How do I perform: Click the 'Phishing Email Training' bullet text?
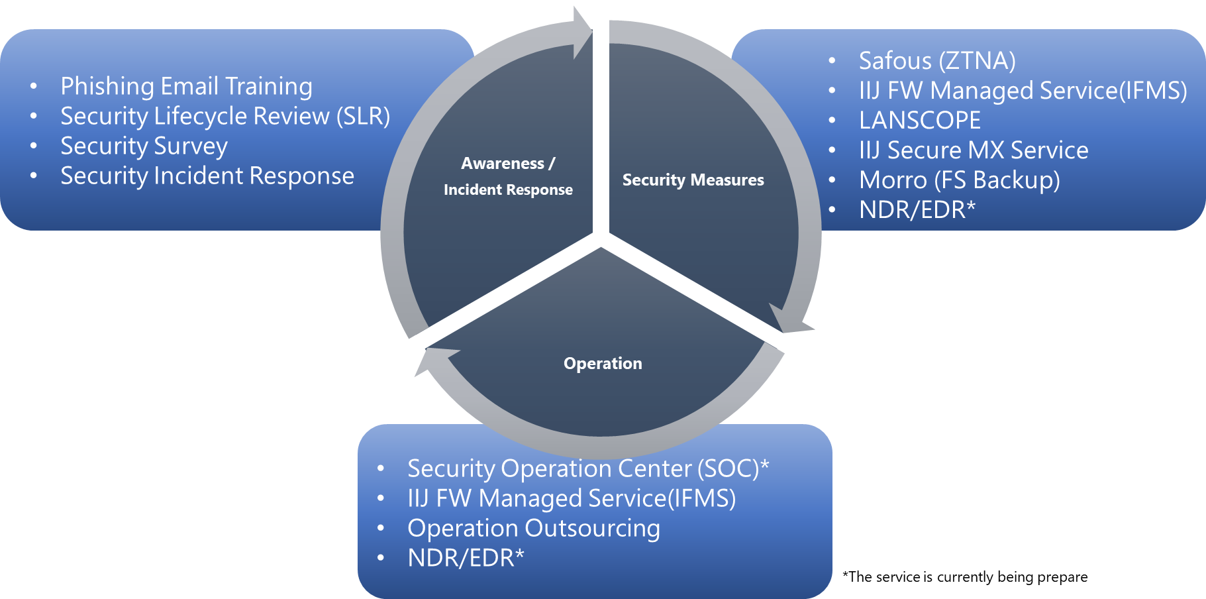[x=186, y=86]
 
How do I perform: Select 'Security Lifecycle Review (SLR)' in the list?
[x=225, y=116]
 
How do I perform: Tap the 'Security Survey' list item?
[x=144, y=146]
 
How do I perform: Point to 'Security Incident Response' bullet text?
[x=207, y=176]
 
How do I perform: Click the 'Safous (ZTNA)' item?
[x=937, y=60]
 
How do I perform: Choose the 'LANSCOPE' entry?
[x=920, y=120]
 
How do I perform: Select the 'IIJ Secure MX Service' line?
[x=974, y=150]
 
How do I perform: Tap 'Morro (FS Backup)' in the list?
[x=960, y=180]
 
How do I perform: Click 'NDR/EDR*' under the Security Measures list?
[x=917, y=209]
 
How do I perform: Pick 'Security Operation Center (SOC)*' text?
[x=588, y=468]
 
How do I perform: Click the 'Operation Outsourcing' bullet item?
[x=534, y=528]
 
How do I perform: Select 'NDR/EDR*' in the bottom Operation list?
[x=466, y=558]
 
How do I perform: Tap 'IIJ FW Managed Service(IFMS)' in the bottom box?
[x=572, y=498]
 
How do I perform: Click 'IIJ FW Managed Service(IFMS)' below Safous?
[x=1023, y=90]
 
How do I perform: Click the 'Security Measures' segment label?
[x=693, y=180]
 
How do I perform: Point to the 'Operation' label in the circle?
[x=603, y=363]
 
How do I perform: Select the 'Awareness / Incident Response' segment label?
[x=508, y=176]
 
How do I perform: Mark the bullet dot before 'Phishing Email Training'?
[x=34, y=86]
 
